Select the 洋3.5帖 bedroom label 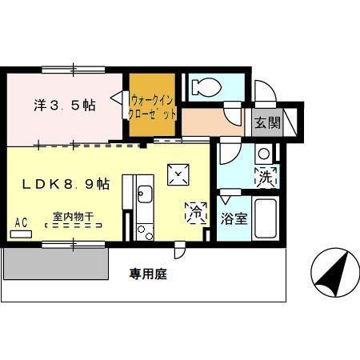click(x=65, y=105)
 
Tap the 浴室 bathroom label click(x=233, y=217)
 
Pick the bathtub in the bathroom click(x=264, y=218)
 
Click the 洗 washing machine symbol click(x=266, y=177)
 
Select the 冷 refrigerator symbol click(x=194, y=212)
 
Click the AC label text click(x=22, y=223)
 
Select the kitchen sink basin click(x=144, y=194)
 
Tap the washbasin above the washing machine click(x=263, y=153)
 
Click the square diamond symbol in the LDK click(x=176, y=172)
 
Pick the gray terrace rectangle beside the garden click(x=56, y=262)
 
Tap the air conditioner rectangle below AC click(x=22, y=234)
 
